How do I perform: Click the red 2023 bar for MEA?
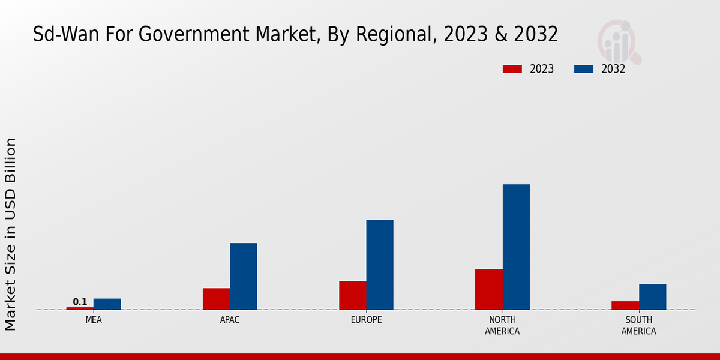tap(80, 308)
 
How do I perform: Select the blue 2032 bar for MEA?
tap(107, 304)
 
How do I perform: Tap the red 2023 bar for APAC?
tap(216, 299)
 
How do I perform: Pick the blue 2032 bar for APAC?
tap(243, 277)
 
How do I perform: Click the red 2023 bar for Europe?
tap(352, 295)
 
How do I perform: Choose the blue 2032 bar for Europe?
tap(380, 265)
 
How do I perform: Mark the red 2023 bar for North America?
tap(488, 289)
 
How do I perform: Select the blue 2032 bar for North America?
tap(516, 247)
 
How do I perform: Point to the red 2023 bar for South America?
tap(625, 305)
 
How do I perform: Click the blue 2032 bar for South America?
tap(652, 297)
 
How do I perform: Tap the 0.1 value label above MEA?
tap(80, 302)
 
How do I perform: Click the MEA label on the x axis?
tap(94, 320)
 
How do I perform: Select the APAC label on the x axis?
tap(230, 320)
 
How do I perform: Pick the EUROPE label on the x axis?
tap(366, 320)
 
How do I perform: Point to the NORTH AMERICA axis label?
tap(502, 325)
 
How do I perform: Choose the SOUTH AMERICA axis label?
tap(638, 325)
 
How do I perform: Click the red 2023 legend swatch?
tap(512, 69)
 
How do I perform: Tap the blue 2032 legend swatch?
tap(584, 69)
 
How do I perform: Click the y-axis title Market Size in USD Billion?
tap(11, 234)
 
